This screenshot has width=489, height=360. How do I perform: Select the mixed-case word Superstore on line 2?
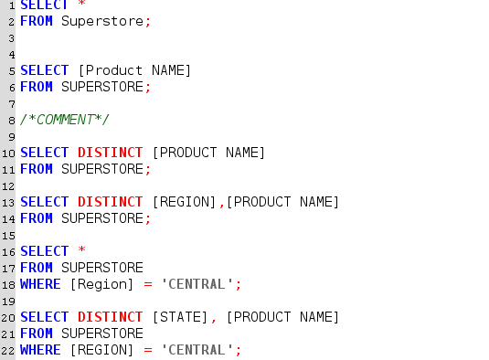(102, 21)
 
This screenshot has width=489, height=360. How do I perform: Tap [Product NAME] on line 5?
(134, 70)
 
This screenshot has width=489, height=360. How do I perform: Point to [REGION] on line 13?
(184, 202)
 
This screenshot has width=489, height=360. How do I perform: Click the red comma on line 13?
(221, 203)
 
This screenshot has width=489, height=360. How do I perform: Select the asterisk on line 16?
(81, 251)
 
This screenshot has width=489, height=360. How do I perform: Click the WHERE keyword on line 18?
(40, 284)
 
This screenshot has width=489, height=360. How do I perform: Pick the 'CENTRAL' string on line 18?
(197, 284)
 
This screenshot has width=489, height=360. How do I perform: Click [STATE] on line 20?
(180, 317)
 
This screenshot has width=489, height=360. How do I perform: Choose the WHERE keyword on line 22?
(40, 350)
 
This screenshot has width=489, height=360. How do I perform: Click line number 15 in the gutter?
(8, 235)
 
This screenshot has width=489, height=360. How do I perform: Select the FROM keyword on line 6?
(37, 87)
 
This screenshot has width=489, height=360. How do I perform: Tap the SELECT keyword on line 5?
(44, 70)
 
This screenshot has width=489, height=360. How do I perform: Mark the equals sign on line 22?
(147, 350)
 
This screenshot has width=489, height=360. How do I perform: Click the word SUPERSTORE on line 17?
(102, 268)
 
